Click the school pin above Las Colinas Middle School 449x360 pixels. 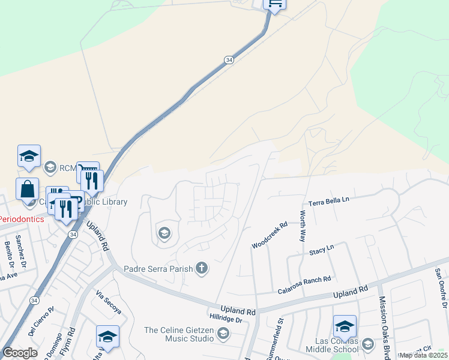[x=345, y=326]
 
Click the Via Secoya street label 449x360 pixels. [x=109, y=302]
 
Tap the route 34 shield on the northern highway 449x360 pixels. [x=229, y=60]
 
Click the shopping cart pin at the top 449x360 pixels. [x=274, y=4]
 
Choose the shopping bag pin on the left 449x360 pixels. [x=28, y=189]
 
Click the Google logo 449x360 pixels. [x=20, y=353]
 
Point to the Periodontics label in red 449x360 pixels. [x=22, y=219]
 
